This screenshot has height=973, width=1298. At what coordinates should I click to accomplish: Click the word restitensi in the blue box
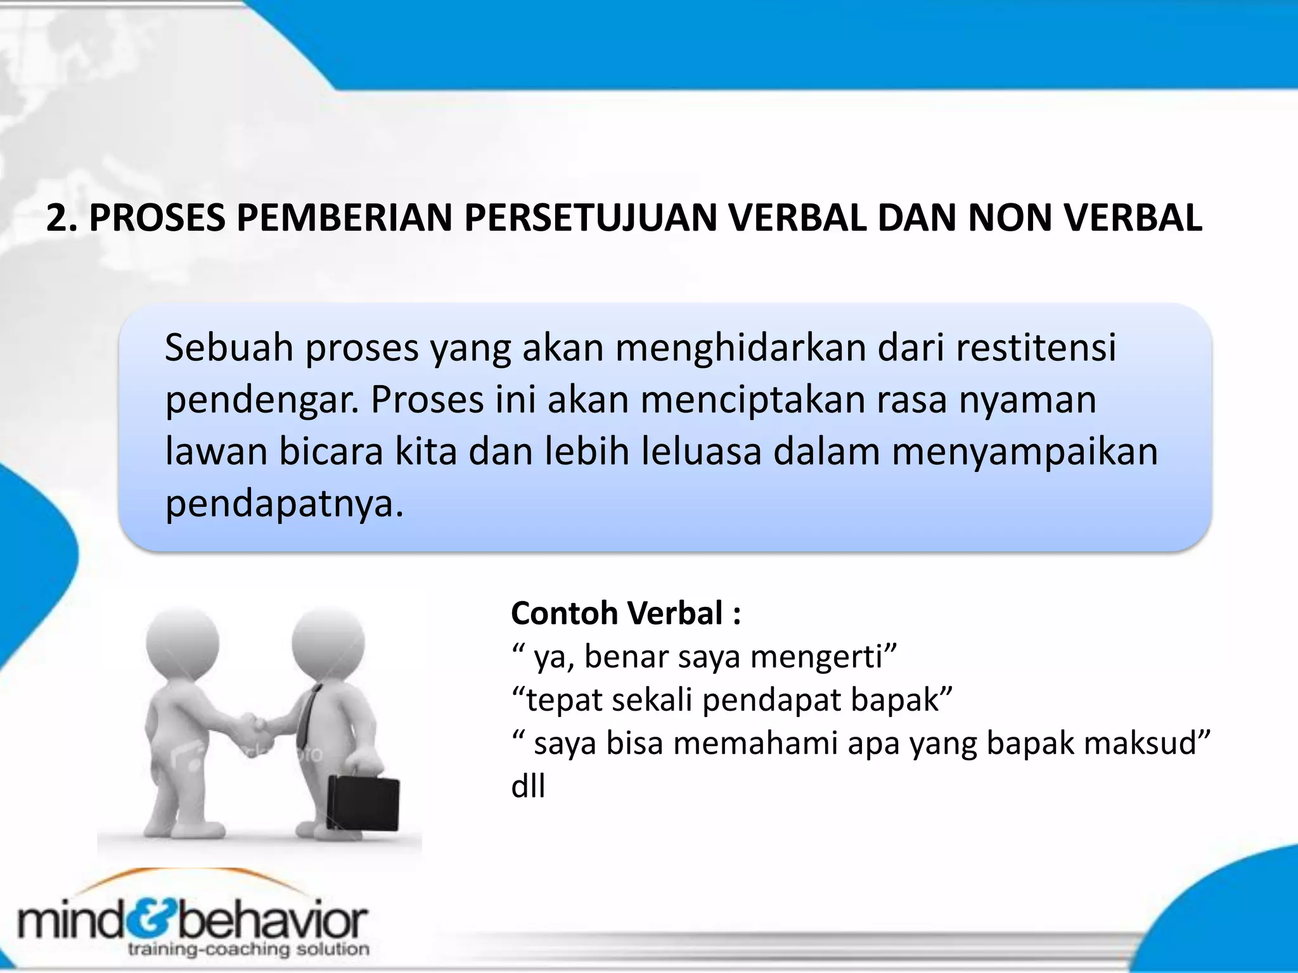pos(1036,348)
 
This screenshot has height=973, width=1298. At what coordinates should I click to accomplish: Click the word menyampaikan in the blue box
pos(1025,453)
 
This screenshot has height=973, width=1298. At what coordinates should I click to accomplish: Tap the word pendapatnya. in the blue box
pos(284,505)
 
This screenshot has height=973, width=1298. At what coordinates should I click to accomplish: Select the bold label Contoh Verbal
pos(626,613)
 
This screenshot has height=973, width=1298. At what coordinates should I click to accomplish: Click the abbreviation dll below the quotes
pos(528,787)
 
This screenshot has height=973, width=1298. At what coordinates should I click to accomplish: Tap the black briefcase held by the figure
pos(363,801)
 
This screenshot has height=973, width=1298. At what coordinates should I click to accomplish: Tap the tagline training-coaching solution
pos(248,949)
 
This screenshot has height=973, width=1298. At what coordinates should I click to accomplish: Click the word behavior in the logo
pos(273,920)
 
